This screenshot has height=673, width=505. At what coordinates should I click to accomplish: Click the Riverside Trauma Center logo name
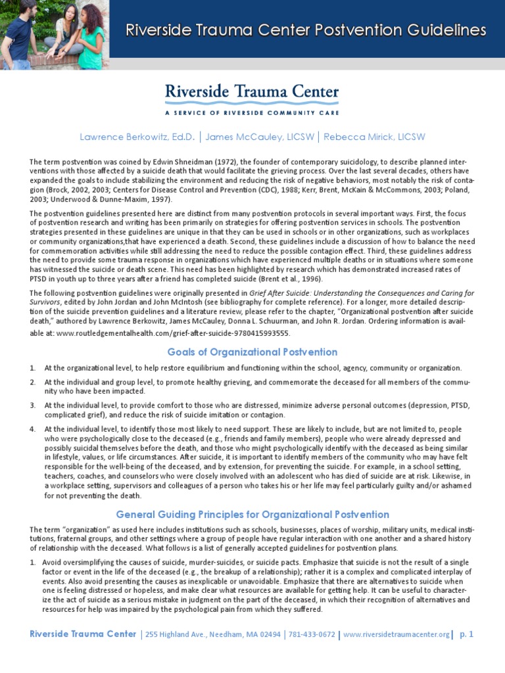pos(252,93)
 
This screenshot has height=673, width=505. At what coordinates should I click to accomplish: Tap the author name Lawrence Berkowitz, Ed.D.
pos(137,137)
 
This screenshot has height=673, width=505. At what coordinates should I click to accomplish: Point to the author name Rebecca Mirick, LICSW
pos(373,137)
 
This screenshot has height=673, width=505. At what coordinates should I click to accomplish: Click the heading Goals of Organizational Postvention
pos(252,352)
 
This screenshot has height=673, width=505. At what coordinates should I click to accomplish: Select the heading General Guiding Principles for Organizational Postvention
pos(252,515)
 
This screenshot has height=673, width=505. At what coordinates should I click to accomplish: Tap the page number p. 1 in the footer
pos(467,634)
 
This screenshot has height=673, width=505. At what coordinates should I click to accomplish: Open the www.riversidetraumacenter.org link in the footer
pos(396,634)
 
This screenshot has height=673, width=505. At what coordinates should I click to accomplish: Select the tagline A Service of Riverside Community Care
pos(252,112)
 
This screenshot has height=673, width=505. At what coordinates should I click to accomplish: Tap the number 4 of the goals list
pos(32,429)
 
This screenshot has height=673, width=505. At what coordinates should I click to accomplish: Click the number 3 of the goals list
pos(32,406)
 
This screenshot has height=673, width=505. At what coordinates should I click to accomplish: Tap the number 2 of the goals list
pos(32,382)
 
